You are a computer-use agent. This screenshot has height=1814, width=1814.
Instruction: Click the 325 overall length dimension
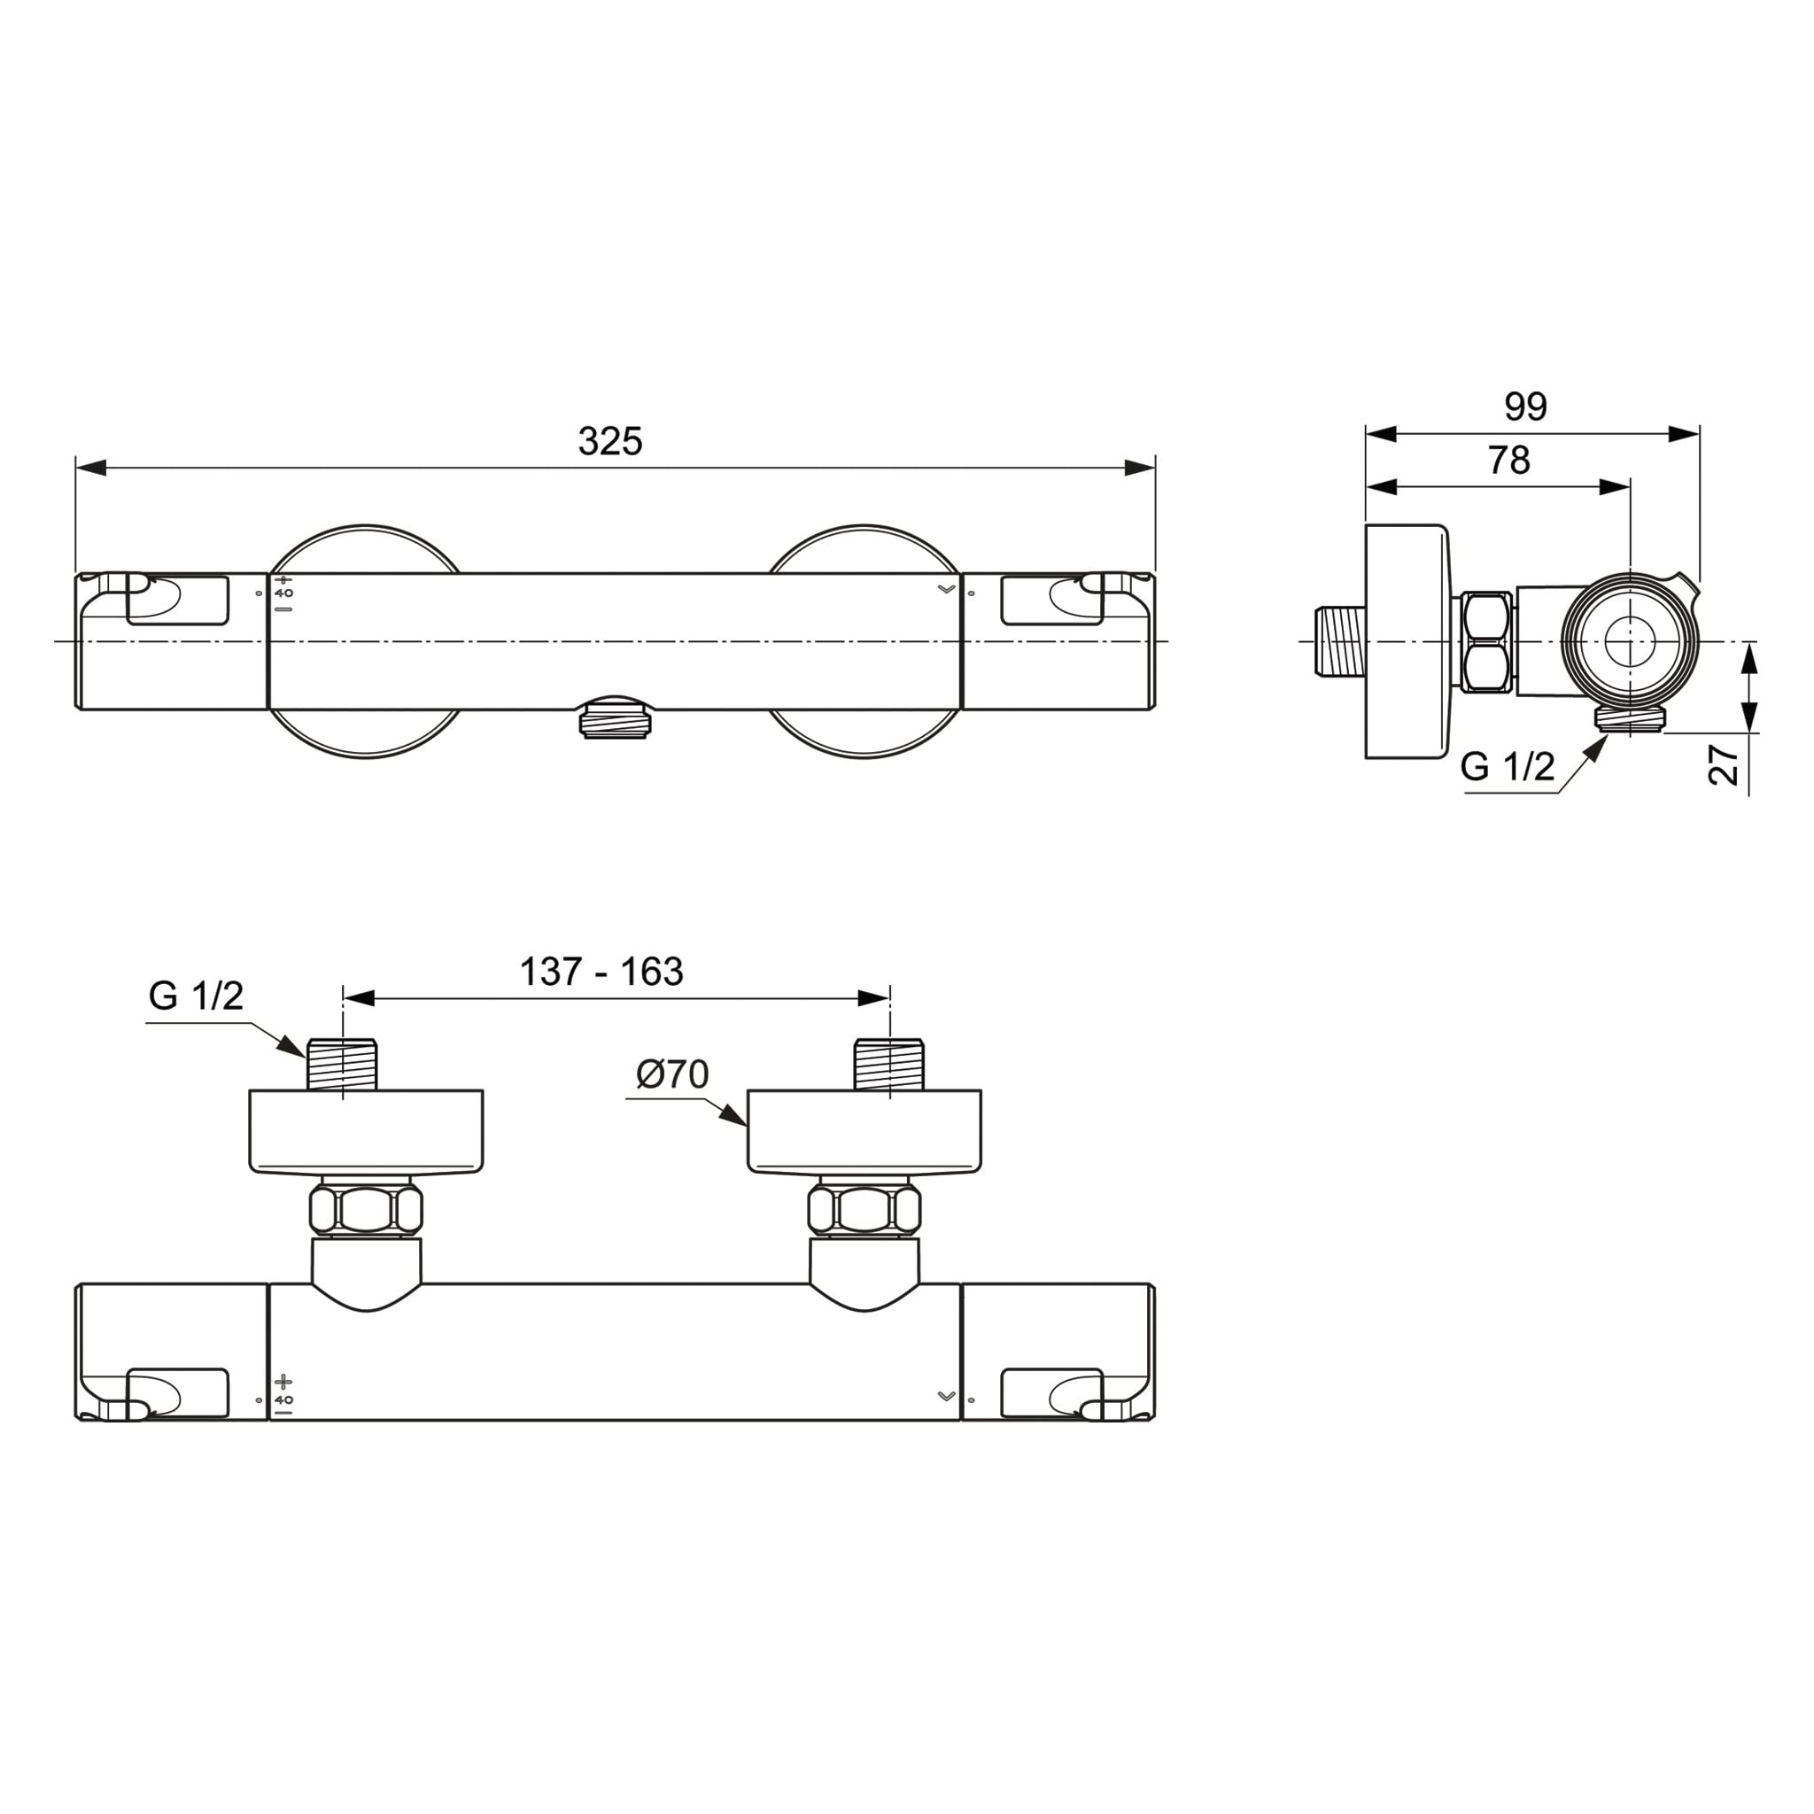(610, 441)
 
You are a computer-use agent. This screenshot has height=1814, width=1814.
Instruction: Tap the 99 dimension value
(1526, 407)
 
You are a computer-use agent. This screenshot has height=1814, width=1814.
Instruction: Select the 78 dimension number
(1508, 460)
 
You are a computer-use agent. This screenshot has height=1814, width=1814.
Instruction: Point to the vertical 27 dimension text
(1724, 764)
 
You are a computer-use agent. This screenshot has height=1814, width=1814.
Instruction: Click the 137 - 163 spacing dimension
(601, 972)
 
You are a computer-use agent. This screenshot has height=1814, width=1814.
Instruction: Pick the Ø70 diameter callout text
(672, 1074)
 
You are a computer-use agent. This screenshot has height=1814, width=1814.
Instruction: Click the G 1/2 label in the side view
(1507, 767)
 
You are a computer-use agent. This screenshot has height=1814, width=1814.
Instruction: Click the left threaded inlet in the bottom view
(343, 1064)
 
